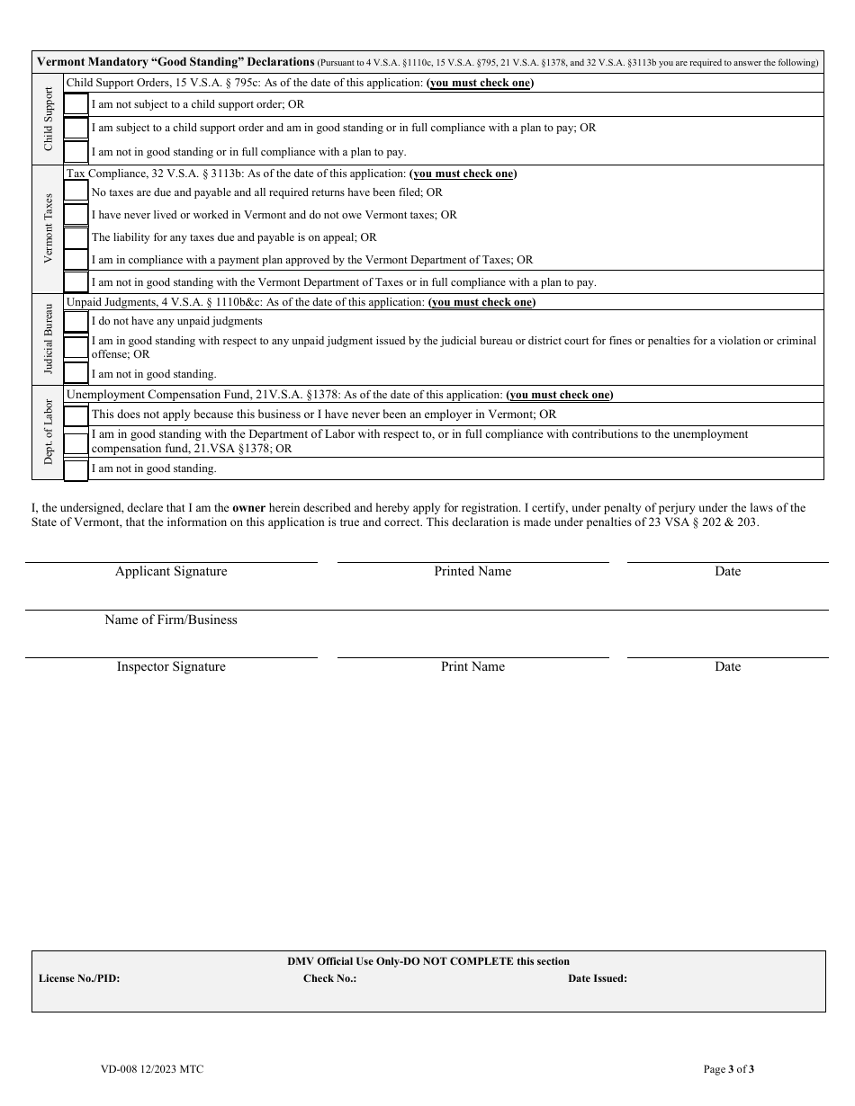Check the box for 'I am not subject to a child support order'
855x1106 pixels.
pos(76,105)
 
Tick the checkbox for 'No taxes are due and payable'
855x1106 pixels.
pos(76,192)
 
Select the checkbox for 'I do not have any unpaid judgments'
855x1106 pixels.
pos(76,321)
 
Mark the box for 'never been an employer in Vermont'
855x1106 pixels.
pos(76,415)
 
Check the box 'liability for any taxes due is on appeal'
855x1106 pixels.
pos(76,237)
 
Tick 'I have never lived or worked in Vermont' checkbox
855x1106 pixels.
pos(76,215)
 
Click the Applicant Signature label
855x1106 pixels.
pos(171,572)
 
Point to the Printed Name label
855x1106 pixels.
pos(472,572)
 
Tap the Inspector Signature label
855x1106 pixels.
pos(171,667)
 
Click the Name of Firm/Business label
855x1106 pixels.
pos(171,620)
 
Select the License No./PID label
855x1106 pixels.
pos(79,978)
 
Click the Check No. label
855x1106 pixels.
pos(329,978)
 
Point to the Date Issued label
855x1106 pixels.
pos(598,978)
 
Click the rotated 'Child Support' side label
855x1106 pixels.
pos(49,119)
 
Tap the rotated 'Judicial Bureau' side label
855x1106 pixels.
pos(49,339)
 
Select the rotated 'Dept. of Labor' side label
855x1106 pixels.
pos(49,432)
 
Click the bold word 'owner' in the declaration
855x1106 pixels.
pos(248,508)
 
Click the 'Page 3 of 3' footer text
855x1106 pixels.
pos(728,1069)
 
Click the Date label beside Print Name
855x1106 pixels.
pos(727,667)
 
